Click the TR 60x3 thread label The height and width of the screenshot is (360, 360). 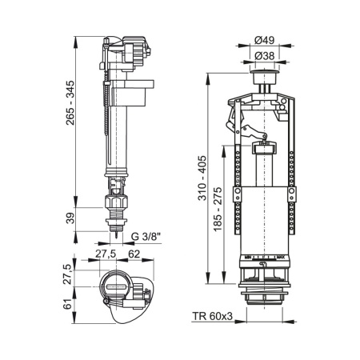tap(214, 318)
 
